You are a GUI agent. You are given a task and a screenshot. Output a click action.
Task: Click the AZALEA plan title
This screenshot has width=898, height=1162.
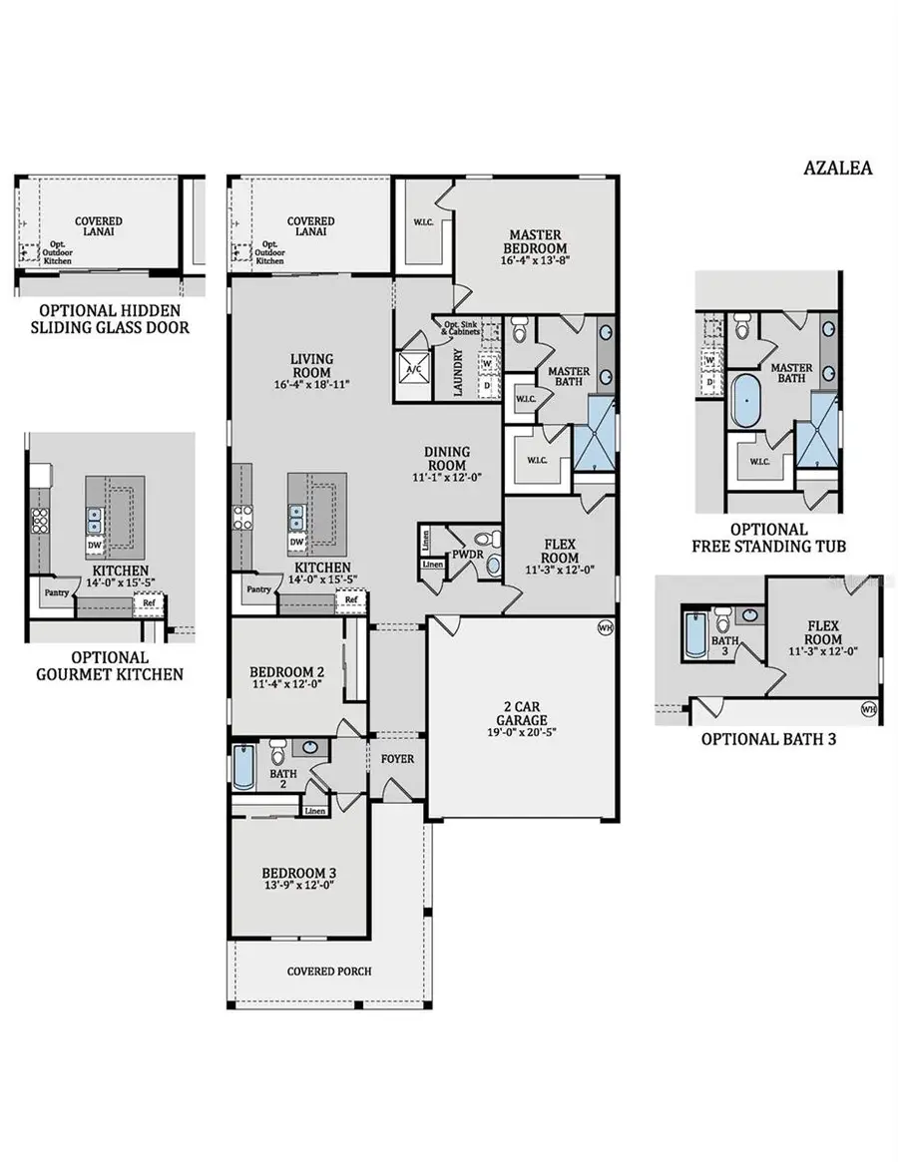pyautogui.click(x=837, y=168)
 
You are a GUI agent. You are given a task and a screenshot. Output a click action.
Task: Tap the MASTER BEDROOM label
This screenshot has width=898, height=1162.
pyautogui.click(x=536, y=241)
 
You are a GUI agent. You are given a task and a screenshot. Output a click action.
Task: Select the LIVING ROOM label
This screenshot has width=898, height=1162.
pyautogui.click(x=311, y=366)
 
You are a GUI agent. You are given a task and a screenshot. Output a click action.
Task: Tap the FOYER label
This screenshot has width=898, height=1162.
pyautogui.click(x=397, y=759)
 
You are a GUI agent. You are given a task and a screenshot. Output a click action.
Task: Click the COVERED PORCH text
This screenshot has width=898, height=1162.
pyautogui.click(x=329, y=970)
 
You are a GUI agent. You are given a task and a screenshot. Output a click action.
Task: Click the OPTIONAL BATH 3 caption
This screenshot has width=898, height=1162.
pyautogui.click(x=767, y=739)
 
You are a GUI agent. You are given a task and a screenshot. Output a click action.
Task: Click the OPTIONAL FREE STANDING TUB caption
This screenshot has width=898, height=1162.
pyautogui.click(x=767, y=538)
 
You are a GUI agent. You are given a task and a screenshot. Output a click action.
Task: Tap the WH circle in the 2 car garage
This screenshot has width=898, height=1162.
pyautogui.click(x=605, y=627)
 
